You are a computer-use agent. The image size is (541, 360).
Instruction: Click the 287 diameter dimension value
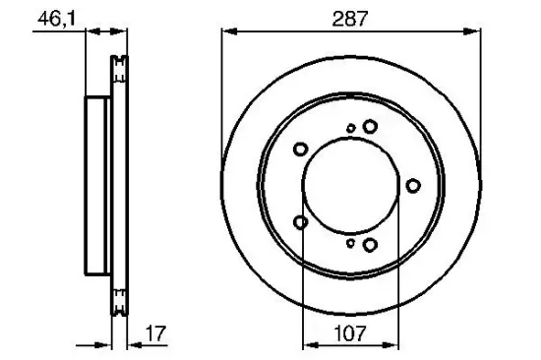pyautogui.click(x=350, y=19)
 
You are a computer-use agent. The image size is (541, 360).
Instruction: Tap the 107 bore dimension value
pyautogui.click(x=350, y=333)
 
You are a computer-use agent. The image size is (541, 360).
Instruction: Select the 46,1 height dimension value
pyautogui.click(x=56, y=19)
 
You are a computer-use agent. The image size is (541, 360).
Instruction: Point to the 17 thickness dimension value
pyautogui.click(x=155, y=333)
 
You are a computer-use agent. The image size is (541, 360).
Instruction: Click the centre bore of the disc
pyautogui.click(x=350, y=186)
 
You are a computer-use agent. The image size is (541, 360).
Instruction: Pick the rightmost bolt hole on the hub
pyautogui.click(x=413, y=186)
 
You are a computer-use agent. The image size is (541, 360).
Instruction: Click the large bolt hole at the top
pyautogui.click(x=370, y=126)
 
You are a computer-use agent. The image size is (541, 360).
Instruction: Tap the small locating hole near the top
pyautogui.click(x=351, y=129)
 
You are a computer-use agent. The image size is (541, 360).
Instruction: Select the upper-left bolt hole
pyautogui.click(x=301, y=150)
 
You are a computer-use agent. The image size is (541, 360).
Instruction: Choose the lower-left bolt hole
pyautogui.click(x=301, y=222)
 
